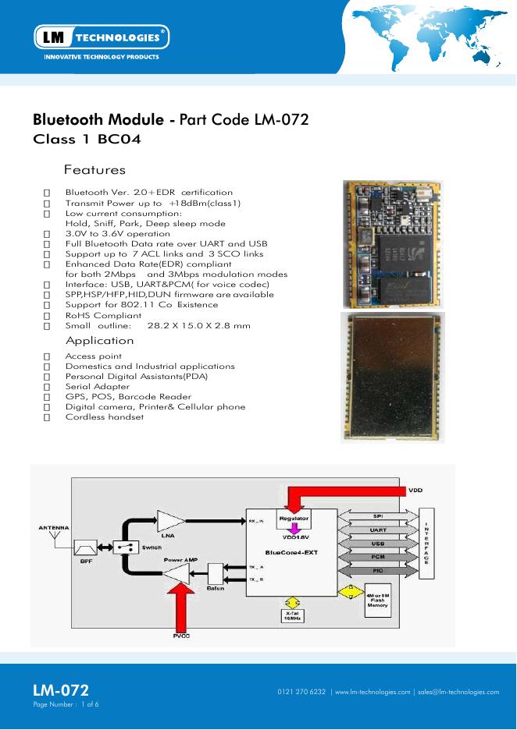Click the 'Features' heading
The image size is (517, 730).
[x=94, y=169]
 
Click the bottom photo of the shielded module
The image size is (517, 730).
[x=393, y=377]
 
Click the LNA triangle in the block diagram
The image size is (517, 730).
[x=169, y=521]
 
